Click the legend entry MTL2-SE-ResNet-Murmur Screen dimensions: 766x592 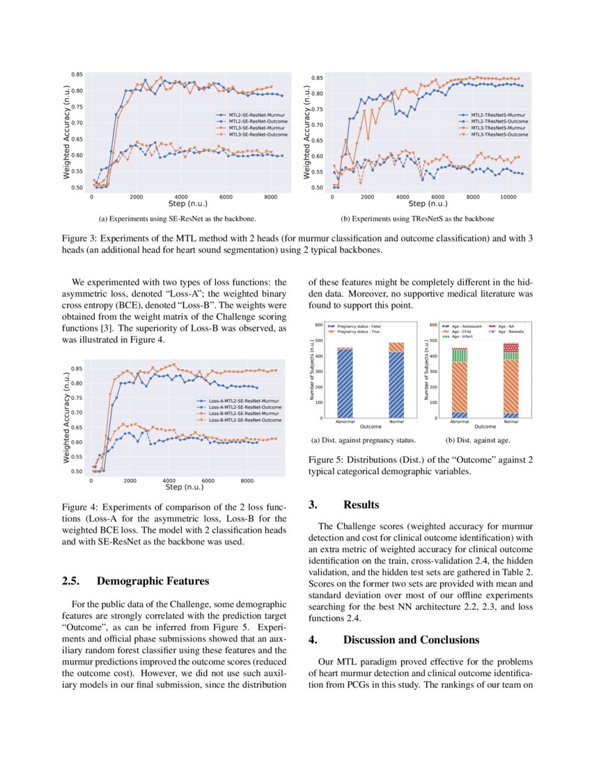(243, 111)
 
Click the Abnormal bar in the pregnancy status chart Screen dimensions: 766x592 (344, 382)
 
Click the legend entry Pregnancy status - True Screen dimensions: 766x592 (359, 331)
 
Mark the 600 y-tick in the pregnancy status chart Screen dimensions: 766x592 (318, 325)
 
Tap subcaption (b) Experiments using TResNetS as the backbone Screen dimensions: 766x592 (417, 219)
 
